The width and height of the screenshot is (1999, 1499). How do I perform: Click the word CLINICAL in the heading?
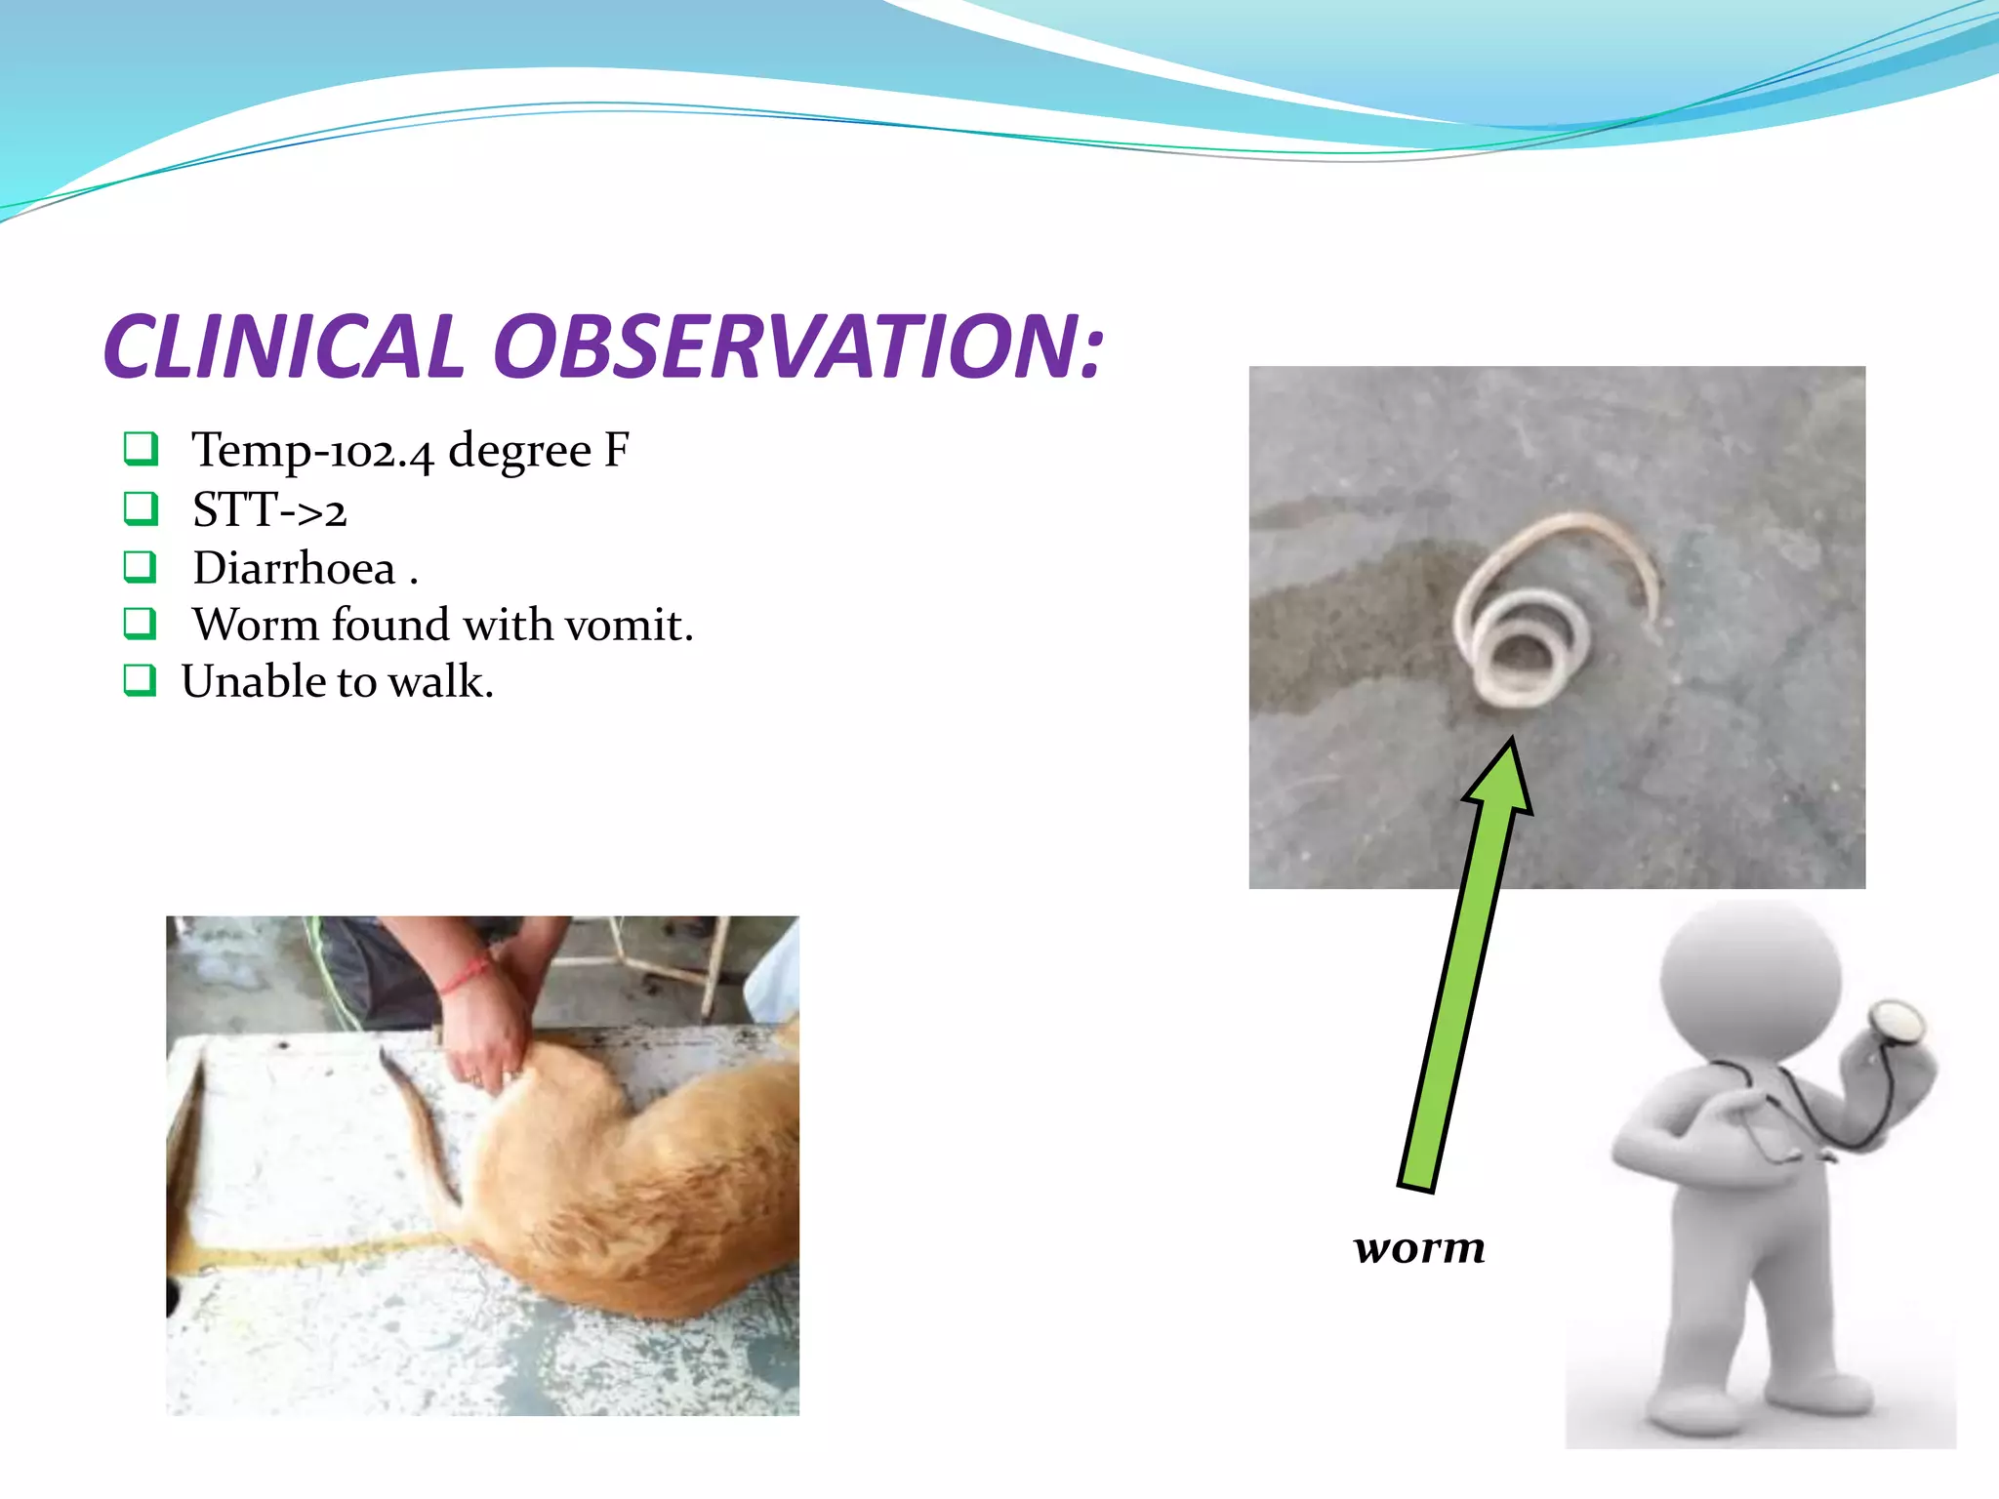point(283,347)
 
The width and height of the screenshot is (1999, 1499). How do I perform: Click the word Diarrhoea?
point(294,569)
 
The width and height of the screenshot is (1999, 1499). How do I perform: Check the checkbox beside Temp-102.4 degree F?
point(140,449)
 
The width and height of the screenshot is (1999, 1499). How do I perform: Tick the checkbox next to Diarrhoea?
point(140,566)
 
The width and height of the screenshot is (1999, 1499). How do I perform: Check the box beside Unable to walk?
point(140,680)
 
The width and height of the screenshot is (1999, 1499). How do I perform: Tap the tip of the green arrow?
point(1510,746)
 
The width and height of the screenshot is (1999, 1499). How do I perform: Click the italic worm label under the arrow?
point(1419,1248)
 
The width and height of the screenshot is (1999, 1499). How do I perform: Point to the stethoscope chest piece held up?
point(1896,1022)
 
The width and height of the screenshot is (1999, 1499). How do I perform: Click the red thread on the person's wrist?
point(466,975)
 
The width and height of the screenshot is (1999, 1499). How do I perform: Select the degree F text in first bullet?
point(538,452)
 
